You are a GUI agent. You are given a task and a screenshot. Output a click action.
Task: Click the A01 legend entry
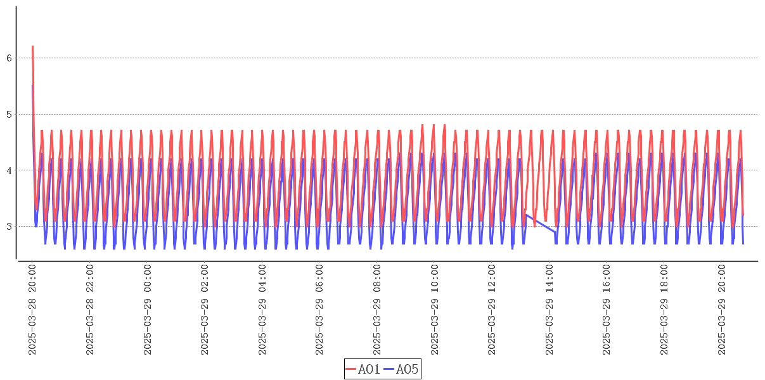click(363, 369)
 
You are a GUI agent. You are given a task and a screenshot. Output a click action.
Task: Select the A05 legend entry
click(401, 369)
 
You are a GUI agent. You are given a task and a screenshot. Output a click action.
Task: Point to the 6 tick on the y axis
click(9, 58)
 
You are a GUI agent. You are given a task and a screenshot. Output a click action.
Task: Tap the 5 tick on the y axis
click(9, 115)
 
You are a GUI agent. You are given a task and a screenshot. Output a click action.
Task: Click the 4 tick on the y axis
click(9, 170)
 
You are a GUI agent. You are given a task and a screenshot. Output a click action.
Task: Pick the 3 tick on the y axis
click(9, 226)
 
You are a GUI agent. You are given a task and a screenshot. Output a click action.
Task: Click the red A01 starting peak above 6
click(32, 47)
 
